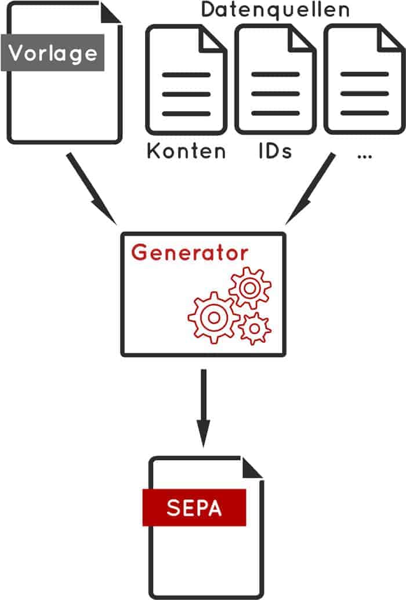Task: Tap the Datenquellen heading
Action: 275,10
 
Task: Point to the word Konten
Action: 186,151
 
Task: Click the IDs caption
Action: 275,151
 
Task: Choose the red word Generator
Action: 190,253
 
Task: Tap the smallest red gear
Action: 254,328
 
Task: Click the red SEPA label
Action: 194,508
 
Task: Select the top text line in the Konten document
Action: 186,75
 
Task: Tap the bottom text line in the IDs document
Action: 275,113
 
